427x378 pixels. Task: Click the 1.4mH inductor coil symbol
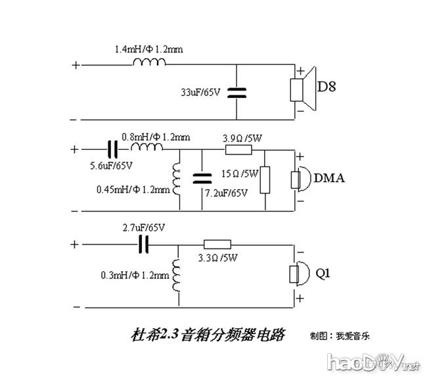(149, 63)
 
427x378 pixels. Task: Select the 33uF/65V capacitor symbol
(237, 93)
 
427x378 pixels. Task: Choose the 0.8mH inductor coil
(148, 147)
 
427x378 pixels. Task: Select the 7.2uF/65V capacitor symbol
(203, 178)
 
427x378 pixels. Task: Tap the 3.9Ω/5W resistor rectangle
(237, 149)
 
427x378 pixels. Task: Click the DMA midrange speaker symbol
(300, 179)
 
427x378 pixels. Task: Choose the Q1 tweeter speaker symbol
(300, 274)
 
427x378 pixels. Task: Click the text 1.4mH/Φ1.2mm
(148, 49)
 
